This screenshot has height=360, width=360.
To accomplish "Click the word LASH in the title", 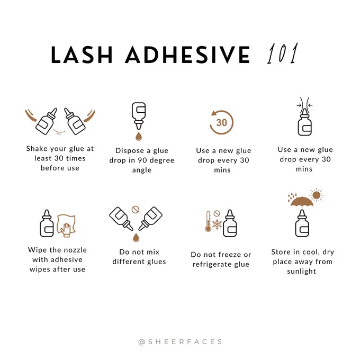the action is (x=82, y=55).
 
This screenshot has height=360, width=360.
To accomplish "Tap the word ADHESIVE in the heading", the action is (x=187, y=55).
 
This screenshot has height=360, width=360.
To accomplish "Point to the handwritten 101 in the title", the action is (x=283, y=53).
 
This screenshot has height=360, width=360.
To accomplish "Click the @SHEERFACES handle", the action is (x=180, y=342).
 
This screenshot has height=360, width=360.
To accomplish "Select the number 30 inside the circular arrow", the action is (x=221, y=123).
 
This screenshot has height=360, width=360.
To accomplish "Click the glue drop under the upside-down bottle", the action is (x=139, y=136).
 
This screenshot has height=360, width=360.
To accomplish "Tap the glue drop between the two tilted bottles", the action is (x=136, y=238).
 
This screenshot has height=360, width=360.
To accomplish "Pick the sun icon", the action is (x=317, y=195).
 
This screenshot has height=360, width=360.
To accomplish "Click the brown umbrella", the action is (x=302, y=202).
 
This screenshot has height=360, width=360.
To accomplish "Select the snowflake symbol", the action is (x=217, y=224).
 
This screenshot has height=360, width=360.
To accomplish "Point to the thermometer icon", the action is (x=208, y=221).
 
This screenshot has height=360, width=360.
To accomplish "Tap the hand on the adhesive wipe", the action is (x=66, y=230).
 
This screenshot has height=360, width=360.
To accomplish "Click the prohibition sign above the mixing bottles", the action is (x=135, y=210).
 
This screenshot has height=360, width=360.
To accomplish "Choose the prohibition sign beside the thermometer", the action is (x=217, y=213).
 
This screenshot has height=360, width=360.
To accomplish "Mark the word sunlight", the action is (x=301, y=272).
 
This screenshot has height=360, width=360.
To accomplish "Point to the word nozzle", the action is (x=76, y=250).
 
